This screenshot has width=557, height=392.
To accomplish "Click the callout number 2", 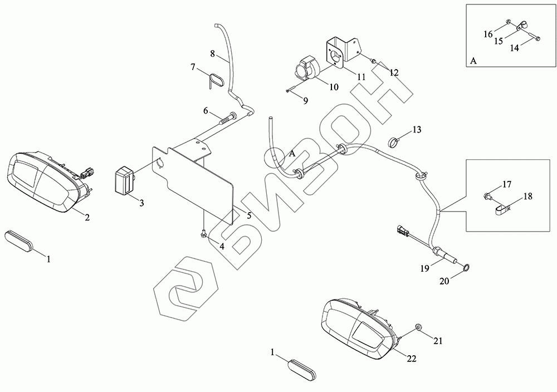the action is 87,217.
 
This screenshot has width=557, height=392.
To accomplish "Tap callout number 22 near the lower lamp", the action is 411,359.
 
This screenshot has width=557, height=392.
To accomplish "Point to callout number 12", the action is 394,72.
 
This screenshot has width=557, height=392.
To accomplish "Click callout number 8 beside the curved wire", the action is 213,53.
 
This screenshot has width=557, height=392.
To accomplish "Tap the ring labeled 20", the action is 466,270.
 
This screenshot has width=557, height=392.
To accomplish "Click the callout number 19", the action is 425,268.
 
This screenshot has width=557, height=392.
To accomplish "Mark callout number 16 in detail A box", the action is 488,35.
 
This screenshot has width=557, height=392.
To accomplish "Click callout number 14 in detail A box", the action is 514,48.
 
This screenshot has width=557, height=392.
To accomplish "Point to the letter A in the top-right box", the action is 473,61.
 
